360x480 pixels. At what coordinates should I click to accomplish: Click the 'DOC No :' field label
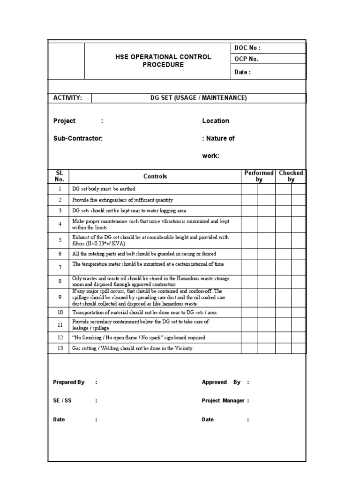(247, 48)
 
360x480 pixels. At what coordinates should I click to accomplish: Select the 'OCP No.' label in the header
(246, 60)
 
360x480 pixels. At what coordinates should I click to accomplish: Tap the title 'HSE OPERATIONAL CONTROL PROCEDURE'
(163, 61)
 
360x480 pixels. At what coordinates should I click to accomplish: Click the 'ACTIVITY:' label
(67, 98)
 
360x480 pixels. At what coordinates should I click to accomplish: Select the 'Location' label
(216, 121)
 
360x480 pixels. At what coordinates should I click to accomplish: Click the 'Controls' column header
(155, 177)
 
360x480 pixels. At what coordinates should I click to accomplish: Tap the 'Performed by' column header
(259, 176)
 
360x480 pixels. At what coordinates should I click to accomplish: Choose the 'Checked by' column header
(291, 176)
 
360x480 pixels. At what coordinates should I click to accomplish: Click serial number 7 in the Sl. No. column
(60, 267)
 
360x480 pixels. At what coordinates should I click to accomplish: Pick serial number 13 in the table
(60, 349)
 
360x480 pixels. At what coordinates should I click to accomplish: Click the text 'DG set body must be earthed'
(104, 189)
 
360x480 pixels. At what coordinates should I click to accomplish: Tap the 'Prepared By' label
(68, 382)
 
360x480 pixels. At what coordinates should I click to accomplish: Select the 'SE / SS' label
(62, 401)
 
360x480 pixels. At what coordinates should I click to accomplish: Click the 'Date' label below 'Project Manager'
(208, 420)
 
